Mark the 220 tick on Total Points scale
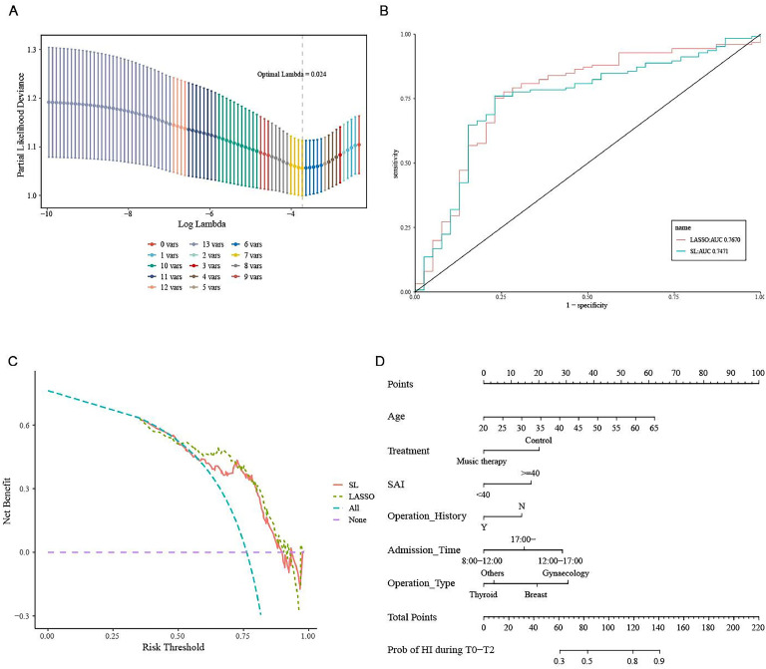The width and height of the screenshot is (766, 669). [757, 628]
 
